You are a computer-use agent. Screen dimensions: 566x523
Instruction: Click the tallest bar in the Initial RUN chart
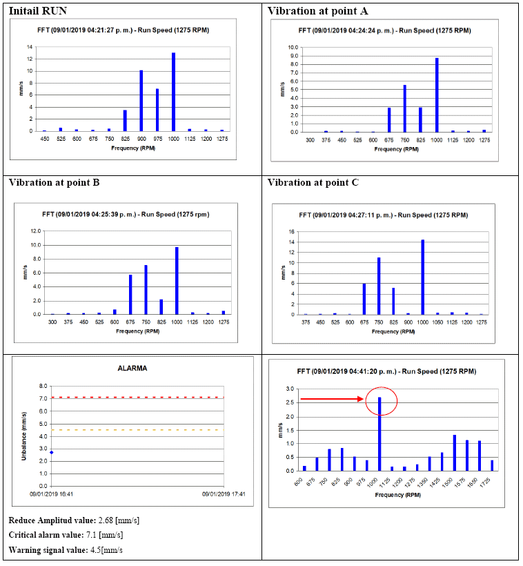pyautogui.click(x=173, y=92)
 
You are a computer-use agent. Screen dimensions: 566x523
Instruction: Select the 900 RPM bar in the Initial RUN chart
pyautogui.click(x=141, y=101)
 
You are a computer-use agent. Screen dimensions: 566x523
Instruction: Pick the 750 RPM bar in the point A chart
pyautogui.click(x=404, y=108)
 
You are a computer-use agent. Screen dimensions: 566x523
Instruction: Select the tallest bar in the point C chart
pyautogui.click(x=422, y=277)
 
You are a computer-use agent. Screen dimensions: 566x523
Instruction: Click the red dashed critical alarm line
pyautogui.click(x=138, y=398)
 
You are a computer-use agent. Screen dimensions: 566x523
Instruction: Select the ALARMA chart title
pyautogui.click(x=132, y=369)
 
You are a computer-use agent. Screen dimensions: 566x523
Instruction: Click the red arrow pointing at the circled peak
pyautogui.click(x=331, y=399)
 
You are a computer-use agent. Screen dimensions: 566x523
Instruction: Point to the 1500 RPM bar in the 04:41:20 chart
pyautogui.click(x=454, y=453)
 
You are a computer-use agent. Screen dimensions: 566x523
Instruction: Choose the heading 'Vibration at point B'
pyautogui.click(x=55, y=183)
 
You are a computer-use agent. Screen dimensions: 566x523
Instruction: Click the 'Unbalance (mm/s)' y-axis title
pyautogui.click(x=24, y=436)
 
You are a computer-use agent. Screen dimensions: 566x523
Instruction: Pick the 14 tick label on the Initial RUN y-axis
pyautogui.click(x=30, y=47)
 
